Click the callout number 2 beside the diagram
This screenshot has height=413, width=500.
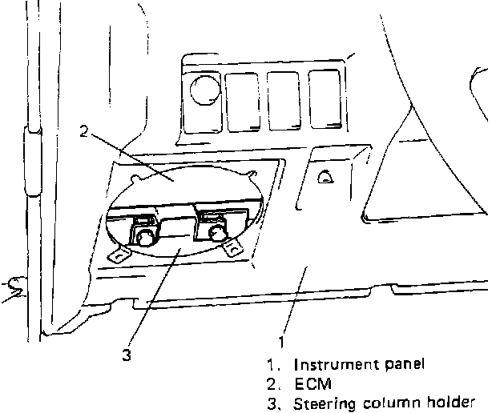click(x=83, y=131)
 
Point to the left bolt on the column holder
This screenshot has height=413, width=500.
click(x=144, y=236)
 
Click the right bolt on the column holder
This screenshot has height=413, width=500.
click(x=216, y=233)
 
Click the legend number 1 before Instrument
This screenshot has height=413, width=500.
click(x=275, y=364)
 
